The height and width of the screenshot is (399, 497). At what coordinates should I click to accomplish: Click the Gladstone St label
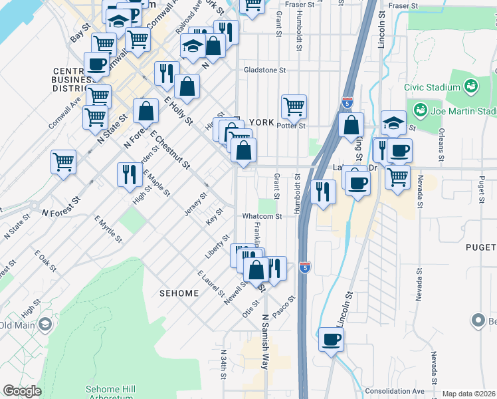(x=264, y=70)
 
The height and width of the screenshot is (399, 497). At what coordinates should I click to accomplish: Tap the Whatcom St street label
(x=262, y=216)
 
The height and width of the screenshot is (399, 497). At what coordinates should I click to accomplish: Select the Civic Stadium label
(x=433, y=87)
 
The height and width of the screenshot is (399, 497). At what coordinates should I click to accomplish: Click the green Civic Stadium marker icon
(x=471, y=86)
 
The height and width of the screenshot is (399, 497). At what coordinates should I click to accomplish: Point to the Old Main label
(x=17, y=325)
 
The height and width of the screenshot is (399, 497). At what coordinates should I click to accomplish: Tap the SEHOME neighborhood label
(x=179, y=293)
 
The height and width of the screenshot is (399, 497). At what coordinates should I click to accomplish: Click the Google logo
(x=22, y=391)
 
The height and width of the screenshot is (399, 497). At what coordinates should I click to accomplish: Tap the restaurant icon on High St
(x=129, y=174)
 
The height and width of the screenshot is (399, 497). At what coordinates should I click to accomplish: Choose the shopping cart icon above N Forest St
(x=63, y=161)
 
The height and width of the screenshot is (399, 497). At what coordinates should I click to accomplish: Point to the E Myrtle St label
(x=108, y=228)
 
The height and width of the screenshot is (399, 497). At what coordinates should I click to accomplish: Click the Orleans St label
(x=441, y=144)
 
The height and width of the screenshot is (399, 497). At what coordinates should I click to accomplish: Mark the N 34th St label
(x=223, y=365)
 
